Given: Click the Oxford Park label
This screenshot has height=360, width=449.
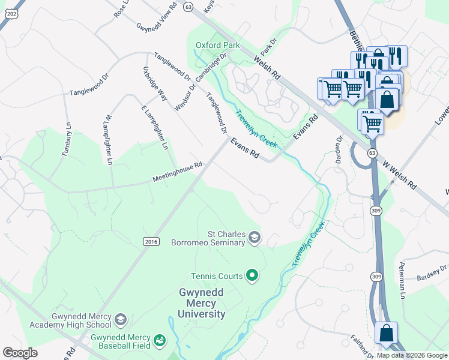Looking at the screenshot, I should (x=217, y=45).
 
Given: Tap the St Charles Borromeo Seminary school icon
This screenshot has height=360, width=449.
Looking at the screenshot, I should (x=255, y=238).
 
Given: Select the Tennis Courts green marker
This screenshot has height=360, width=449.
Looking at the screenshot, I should (x=253, y=276).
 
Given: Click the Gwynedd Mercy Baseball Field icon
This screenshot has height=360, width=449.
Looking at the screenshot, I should (x=159, y=341).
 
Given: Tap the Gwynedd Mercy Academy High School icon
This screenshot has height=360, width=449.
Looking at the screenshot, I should (x=121, y=319).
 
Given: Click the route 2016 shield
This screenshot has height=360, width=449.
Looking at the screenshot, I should (x=151, y=241).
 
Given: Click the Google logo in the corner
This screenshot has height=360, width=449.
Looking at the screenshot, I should (x=20, y=353).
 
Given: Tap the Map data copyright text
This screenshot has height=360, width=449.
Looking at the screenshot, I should (x=411, y=355).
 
